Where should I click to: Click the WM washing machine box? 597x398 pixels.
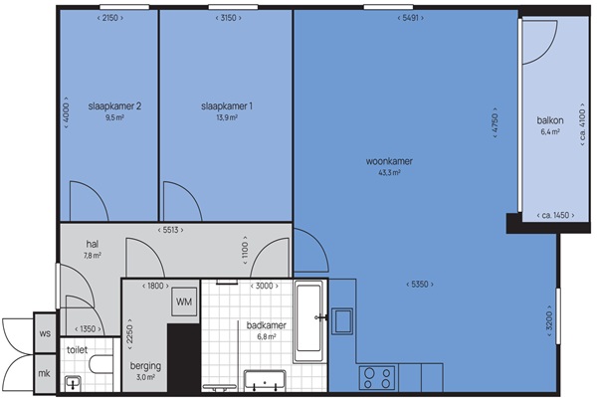184,302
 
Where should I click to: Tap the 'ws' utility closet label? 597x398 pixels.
45,333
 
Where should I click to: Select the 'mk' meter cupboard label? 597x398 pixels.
44,374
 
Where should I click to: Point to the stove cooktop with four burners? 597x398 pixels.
377,378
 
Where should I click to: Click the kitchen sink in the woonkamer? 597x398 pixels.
342,321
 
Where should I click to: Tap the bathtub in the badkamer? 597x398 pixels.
309,321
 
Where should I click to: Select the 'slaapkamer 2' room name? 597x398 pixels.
114,106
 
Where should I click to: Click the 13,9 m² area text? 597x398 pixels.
227,117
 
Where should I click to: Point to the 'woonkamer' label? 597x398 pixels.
389,161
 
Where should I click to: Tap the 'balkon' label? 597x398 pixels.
550,120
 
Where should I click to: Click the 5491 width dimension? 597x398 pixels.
410,18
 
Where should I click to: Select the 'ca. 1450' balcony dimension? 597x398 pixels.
556,216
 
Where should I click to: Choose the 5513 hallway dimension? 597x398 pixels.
170,230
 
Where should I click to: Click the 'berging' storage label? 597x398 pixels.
145,366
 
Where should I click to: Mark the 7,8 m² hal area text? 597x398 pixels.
93,256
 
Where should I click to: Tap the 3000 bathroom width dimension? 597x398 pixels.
265,286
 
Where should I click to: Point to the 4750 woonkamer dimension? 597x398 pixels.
495,122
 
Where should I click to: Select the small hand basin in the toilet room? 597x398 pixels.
73,382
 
